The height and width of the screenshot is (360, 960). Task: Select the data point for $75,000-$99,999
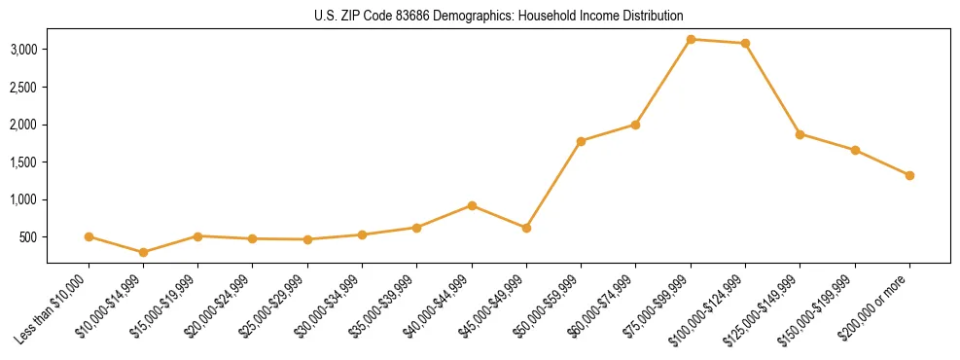click(691, 39)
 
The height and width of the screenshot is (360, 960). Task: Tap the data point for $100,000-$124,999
click(745, 43)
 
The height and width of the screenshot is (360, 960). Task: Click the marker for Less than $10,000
click(89, 236)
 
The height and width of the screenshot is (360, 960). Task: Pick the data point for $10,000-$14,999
click(144, 252)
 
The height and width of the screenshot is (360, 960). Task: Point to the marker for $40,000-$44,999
click(472, 205)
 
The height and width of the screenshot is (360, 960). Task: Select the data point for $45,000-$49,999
click(526, 228)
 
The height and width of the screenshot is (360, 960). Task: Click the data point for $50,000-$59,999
click(581, 141)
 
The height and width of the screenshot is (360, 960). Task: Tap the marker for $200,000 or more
click(909, 175)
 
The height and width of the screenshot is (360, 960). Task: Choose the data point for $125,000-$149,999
click(800, 134)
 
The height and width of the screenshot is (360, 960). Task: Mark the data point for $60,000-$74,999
click(635, 125)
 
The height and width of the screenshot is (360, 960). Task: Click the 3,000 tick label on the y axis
click(23, 50)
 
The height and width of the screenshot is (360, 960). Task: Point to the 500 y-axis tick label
click(29, 237)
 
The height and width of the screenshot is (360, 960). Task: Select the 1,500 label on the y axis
click(23, 162)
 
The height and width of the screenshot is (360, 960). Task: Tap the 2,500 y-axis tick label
click(23, 88)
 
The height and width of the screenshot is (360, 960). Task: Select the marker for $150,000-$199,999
click(855, 150)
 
